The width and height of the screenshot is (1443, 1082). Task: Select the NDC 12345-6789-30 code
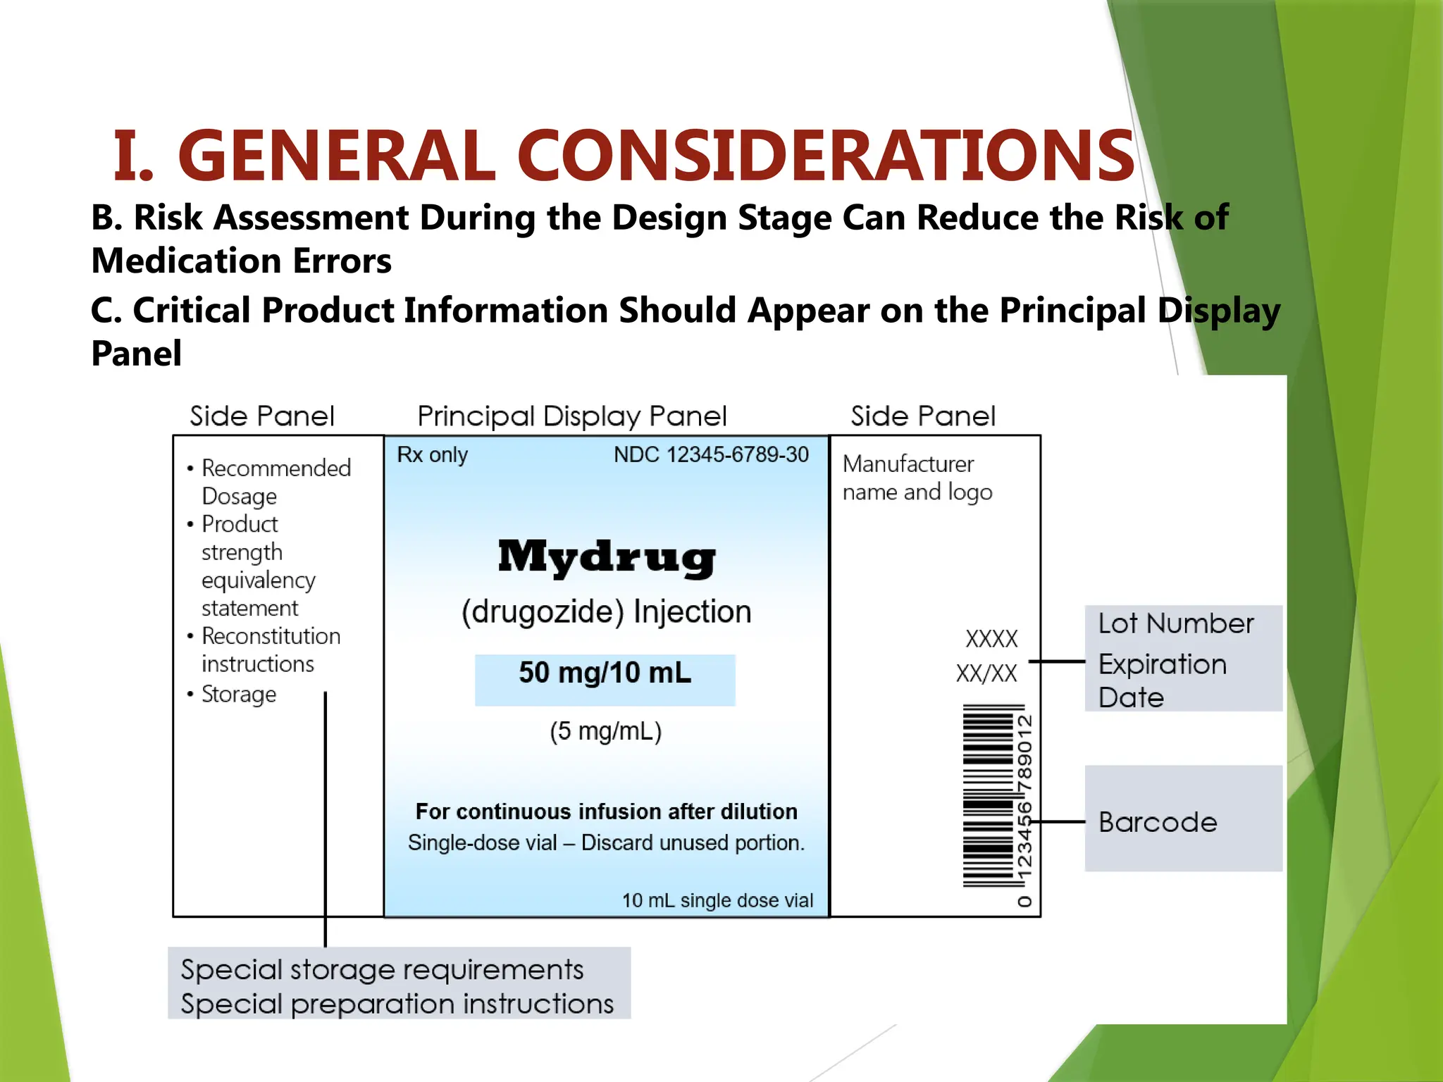pyautogui.click(x=711, y=454)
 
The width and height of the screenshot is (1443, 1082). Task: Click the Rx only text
pyautogui.click(x=432, y=454)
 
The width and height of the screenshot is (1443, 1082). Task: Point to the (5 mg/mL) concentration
pyautogui.click(x=605, y=731)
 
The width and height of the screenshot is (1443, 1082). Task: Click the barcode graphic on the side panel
pyautogui.click(x=988, y=796)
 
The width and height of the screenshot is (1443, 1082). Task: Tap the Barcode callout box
pyautogui.click(x=1182, y=819)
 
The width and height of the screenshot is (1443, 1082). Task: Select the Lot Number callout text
pyautogui.click(x=1175, y=623)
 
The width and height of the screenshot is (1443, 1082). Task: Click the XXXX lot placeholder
pyautogui.click(x=991, y=639)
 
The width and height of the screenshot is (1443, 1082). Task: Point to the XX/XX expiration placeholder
pyautogui.click(x=986, y=673)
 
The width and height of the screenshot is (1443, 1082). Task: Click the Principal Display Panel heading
pyautogui.click(x=571, y=416)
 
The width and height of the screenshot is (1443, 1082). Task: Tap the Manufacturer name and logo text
pyautogui.click(x=917, y=478)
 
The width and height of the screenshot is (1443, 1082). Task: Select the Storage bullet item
pyautogui.click(x=238, y=695)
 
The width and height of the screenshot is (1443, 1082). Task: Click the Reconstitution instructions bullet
pyautogui.click(x=270, y=649)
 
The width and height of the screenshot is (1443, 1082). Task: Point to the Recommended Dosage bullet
pyautogui.click(x=275, y=482)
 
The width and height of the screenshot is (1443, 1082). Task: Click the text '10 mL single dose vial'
pyautogui.click(x=717, y=900)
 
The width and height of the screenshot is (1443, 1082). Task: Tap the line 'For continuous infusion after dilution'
pyautogui.click(x=606, y=811)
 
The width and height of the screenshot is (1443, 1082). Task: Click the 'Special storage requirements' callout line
pyautogui.click(x=382, y=970)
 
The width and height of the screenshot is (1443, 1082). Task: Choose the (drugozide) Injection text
pyautogui.click(x=606, y=611)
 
